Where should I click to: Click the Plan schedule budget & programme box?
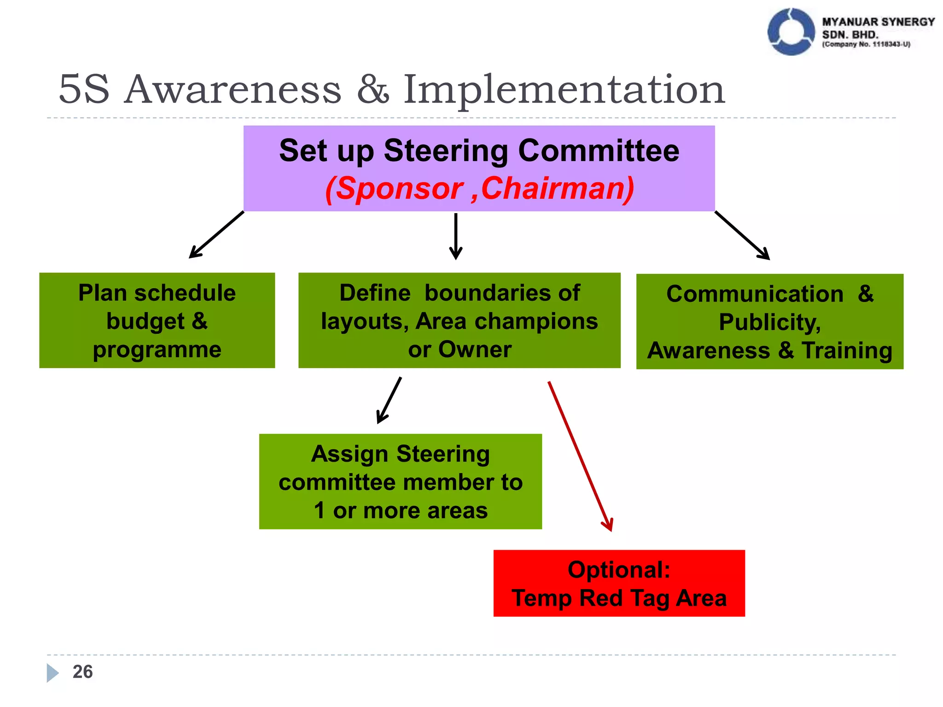pos(157,320)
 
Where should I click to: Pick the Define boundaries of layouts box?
pos(459,320)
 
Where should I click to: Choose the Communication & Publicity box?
pos(769,321)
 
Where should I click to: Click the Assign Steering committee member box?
pos(400,481)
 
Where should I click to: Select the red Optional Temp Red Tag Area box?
pos(619,583)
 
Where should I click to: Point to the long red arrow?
pos(580,456)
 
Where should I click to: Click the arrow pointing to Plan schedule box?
pos(216,235)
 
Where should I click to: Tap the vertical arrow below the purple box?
pos(455,236)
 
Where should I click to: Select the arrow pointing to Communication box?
pos(742,235)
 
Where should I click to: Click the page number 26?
pos(82,672)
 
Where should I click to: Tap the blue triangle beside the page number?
pos(52,672)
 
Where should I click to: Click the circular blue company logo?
pos(791,32)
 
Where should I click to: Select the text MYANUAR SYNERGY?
pos(878,22)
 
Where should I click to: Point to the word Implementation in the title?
pos(564,90)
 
